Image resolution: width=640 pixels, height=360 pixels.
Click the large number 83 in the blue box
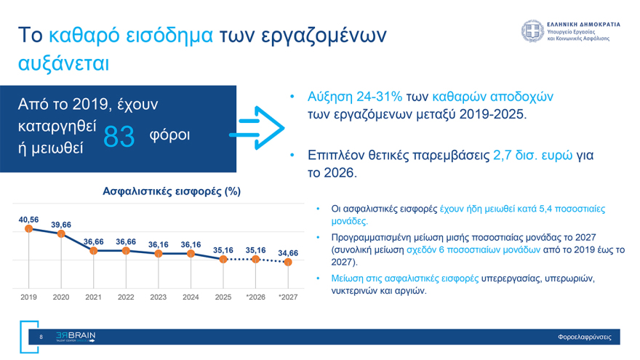tap(119, 136)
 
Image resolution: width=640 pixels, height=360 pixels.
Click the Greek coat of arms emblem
tap(532, 31)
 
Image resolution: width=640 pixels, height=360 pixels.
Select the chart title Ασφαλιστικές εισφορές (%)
tap(172, 191)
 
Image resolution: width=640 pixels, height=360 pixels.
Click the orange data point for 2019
tap(29, 228)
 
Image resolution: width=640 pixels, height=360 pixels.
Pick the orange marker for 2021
tap(94, 251)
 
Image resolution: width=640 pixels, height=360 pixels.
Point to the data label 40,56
tap(29, 219)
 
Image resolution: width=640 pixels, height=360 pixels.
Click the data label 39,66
tap(61, 224)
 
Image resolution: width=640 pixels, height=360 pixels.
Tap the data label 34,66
tap(288, 252)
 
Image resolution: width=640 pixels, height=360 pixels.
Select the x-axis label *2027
tap(288, 297)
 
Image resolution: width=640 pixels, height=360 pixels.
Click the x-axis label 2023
tap(158, 297)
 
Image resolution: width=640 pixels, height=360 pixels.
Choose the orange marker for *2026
tap(255, 259)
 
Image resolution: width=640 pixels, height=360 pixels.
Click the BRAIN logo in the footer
tap(76, 337)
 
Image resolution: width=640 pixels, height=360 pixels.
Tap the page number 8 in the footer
tap(41, 337)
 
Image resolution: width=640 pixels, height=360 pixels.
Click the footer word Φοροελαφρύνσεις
tap(584, 337)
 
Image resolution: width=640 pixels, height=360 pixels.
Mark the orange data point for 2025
tap(223, 259)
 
